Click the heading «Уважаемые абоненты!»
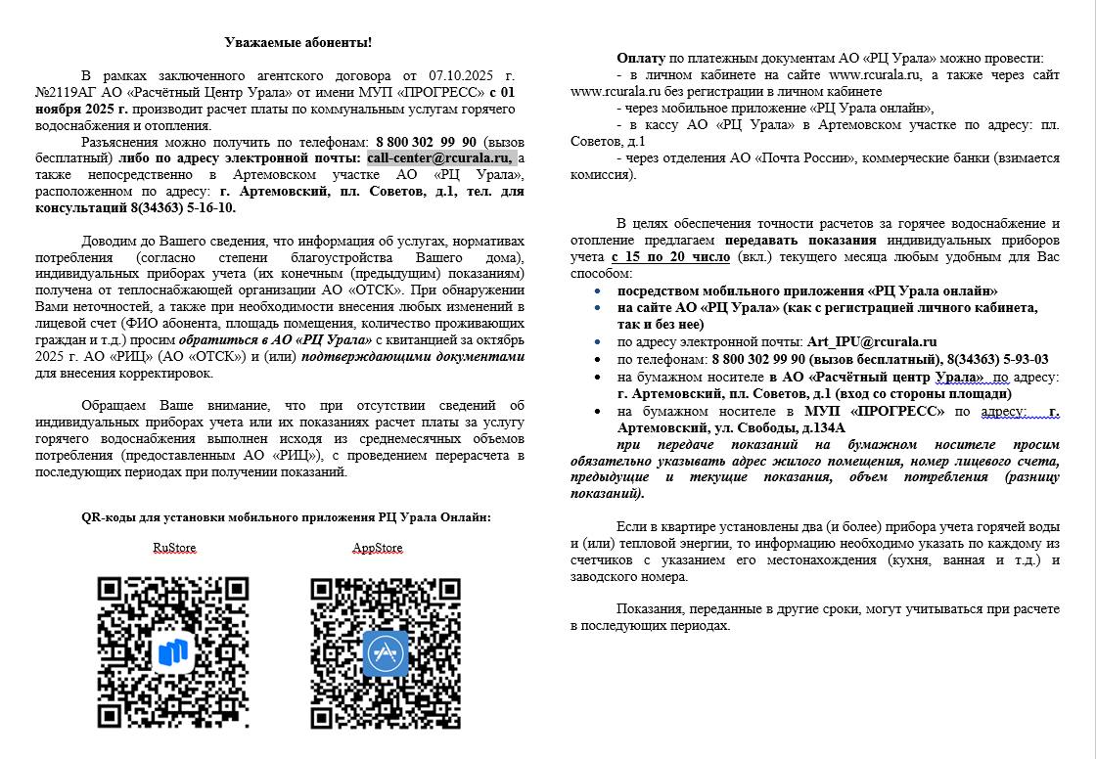click(297, 42)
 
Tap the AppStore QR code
click(386, 651)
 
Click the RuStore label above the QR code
click(173, 548)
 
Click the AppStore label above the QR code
click(377, 548)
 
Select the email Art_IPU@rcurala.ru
click(871, 341)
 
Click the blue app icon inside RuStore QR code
click(173, 652)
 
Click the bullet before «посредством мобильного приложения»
click(598, 291)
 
